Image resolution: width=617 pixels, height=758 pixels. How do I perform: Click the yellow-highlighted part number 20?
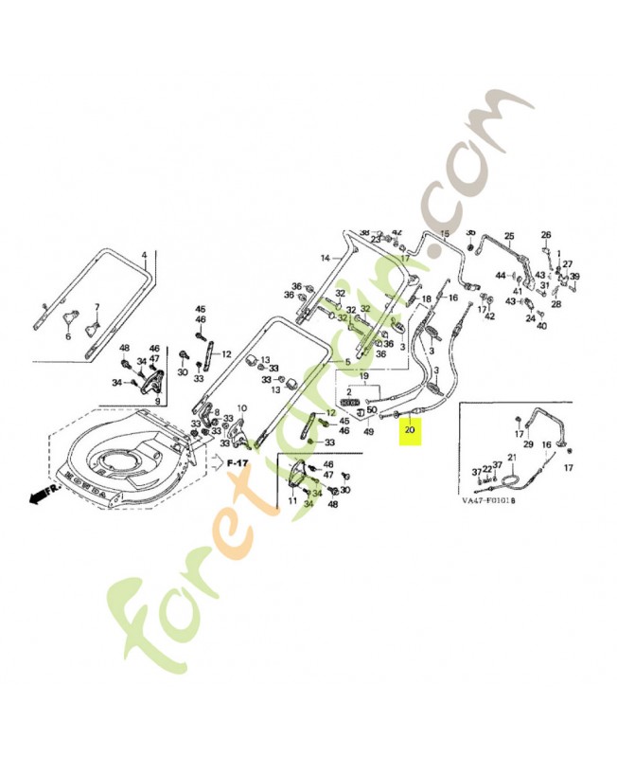(x=409, y=430)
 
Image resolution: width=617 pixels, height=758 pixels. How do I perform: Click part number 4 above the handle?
(x=145, y=256)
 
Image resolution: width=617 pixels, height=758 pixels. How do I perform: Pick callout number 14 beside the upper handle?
(x=325, y=258)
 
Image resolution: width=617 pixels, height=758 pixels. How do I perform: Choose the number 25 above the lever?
(x=508, y=236)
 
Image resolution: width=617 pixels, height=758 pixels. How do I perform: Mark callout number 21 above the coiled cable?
(x=512, y=458)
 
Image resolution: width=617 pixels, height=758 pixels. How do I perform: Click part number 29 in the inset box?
(x=528, y=443)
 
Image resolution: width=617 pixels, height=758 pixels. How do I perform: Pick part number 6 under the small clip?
(x=68, y=335)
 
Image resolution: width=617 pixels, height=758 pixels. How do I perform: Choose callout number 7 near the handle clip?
(x=96, y=308)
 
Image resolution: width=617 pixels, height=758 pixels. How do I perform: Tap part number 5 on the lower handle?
(x=346, y=362)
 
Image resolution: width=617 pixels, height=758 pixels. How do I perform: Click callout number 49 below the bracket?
(x=368, y=432)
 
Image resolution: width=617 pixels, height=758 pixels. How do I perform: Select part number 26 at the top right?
(x=545, y=235)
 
